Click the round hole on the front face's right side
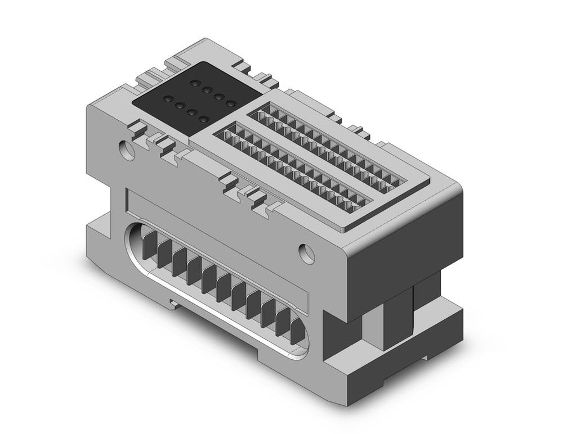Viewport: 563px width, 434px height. tap(307, 253)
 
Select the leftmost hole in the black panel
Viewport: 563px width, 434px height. tap(167, 99)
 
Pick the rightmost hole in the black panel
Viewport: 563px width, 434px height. tap(230, 103)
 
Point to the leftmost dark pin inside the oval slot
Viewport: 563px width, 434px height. tap(149, 245)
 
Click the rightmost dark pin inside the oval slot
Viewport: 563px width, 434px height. tap(297, 332)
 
